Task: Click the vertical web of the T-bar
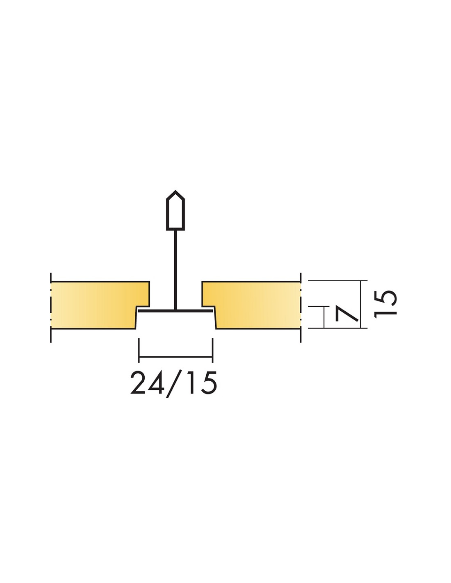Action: [175, 270]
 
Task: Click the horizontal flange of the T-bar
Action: [175, 311]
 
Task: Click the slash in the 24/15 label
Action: [173, 384]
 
